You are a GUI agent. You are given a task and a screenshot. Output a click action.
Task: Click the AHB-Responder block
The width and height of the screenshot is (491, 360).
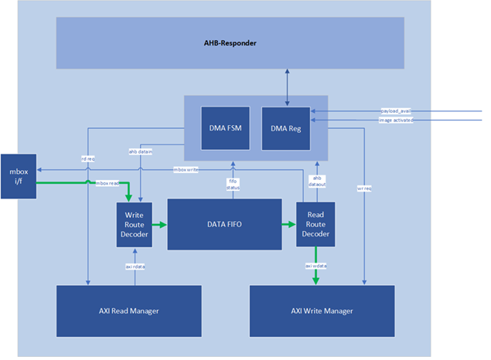[230, 43]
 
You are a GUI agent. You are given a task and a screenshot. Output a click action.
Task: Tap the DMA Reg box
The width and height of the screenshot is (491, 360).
[285, 129]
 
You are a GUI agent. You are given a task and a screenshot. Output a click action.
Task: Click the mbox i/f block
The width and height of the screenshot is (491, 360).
[18, 175]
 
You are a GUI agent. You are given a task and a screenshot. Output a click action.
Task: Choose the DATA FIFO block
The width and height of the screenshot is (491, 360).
[224, 224]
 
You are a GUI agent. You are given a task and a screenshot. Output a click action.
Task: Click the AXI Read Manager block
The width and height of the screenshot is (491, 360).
[128, 311]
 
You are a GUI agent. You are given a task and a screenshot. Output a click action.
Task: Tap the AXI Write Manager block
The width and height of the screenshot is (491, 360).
[322, 311]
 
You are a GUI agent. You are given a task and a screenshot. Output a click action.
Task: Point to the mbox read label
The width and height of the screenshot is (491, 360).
[107, 183]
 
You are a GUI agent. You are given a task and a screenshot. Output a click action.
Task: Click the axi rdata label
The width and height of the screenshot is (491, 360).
[135, 267]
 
